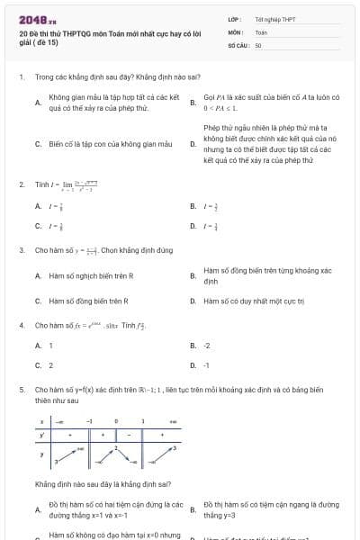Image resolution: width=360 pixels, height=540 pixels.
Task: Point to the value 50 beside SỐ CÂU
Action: [258, 44]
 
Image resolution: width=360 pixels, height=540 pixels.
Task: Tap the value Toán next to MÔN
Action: [261, 31]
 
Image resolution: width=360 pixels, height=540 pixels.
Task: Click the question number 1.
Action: [22, 78]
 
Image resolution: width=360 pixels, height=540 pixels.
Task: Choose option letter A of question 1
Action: [38, 103]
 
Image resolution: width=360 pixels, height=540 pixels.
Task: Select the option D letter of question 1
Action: [193, 144]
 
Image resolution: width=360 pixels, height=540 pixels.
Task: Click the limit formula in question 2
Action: [80, 184]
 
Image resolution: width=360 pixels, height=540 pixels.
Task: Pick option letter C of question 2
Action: [38, 227]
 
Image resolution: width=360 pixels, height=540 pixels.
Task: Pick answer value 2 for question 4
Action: [50, 365]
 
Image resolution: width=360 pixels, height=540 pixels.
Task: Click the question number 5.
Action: [22, 390]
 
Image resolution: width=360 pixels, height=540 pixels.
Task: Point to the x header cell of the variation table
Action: [41, 420]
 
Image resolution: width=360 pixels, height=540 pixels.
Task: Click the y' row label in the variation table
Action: [41, 435]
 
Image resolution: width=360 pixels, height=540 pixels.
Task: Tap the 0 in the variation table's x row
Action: [116, 420]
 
